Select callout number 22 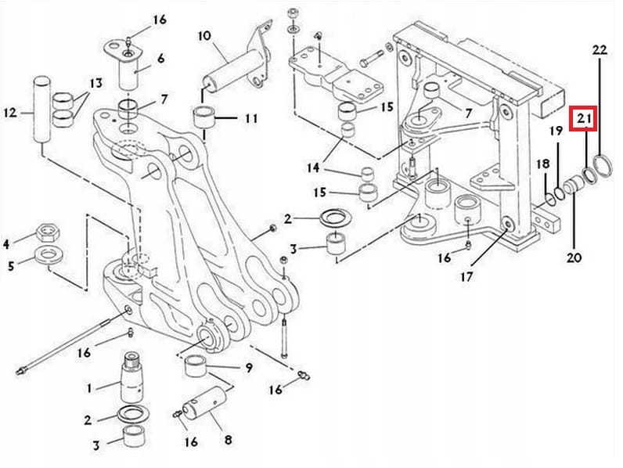coord(599,49)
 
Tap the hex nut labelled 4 coord(47,232)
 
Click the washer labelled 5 coord(51,254)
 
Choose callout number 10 coord(204,36)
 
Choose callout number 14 coord(313,168)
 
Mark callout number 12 coord(10,113)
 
